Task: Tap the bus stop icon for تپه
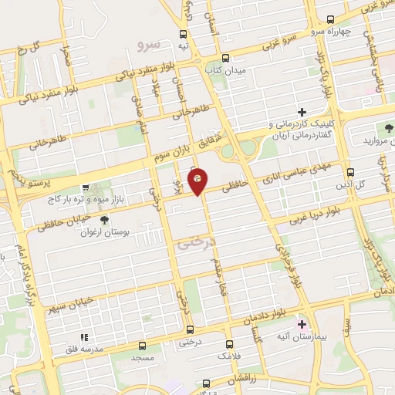click(x=184, y=34)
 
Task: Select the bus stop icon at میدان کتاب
click(x=225, y=58)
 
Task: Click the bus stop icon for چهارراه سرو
click(x=330, y=19)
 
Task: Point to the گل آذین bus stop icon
click(x=351, y=172)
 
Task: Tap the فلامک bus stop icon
click(x=229, y=345)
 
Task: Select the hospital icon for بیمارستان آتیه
click(x=302, y=324)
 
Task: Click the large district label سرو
click(x=146, y=46)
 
